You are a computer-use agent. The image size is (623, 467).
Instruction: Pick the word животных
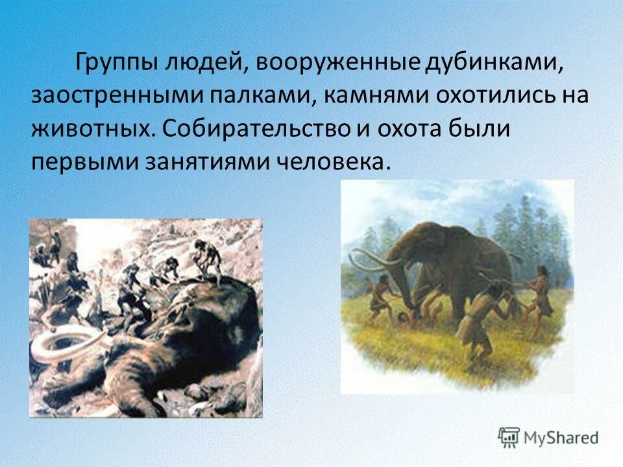tap(90, 128)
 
